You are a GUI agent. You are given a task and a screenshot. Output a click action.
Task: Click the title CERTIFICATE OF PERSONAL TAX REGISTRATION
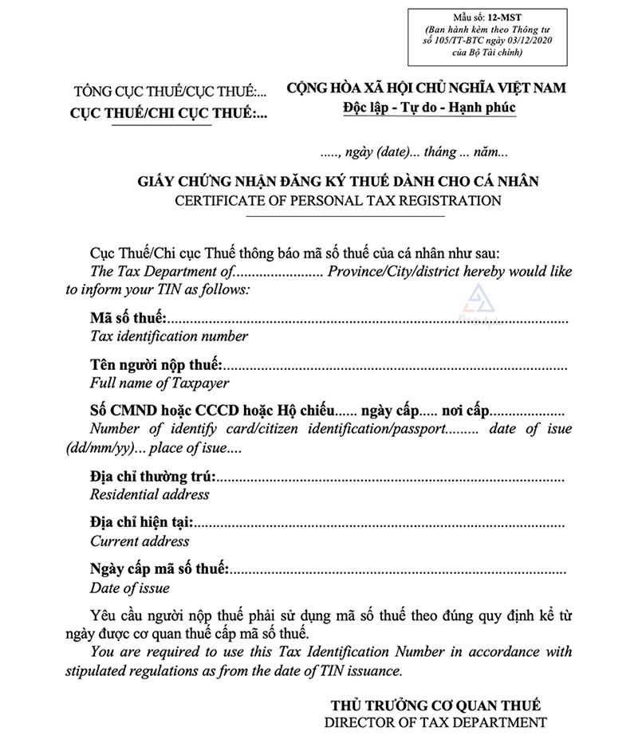click(338, 200)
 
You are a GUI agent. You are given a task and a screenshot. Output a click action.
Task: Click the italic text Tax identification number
click(169, 336)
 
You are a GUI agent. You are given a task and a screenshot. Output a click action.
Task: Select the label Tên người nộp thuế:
click(156, 366)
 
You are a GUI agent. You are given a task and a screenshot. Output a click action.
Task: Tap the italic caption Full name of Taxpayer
click(159, 383)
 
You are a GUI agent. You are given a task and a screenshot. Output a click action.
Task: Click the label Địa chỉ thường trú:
click(152, 478)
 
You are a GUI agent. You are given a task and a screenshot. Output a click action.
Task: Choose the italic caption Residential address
click(150, 494)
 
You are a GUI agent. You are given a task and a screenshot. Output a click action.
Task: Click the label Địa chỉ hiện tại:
click(141, 525)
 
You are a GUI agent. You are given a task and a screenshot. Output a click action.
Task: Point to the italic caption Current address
click(140, 541)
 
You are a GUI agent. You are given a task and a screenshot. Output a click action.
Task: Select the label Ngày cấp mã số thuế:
click(159, 571)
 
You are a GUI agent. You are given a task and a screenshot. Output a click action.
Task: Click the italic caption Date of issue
click(130, 588)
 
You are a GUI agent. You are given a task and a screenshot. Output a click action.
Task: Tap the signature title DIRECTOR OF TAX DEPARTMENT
click(435, 722)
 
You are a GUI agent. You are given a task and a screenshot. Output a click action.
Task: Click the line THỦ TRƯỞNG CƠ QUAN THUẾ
click(435, 705)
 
